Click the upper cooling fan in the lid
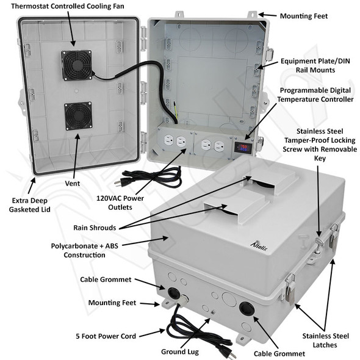(77, 65)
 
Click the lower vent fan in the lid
(78, 116)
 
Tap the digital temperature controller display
(243, 148)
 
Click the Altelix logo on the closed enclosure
(259, 247)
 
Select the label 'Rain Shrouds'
(95, 228)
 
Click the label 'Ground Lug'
(180, 351)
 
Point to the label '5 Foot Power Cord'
(106, 336)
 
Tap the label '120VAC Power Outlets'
(120, 203)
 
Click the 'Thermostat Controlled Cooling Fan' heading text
(68, 6)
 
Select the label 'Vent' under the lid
(73, 184)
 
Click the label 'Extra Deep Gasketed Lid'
(30, 205)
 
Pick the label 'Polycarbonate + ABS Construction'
(84, 251)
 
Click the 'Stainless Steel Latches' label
(325, 340)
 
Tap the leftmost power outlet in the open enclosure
(168, 140)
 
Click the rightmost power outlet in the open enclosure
(219, 146)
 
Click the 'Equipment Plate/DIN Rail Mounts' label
(315, 65)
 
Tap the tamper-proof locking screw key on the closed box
(319, 244)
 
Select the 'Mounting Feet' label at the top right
(304, 16)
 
